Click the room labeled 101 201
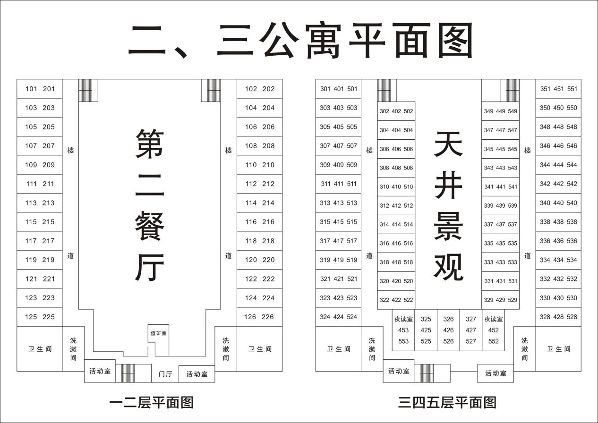40,89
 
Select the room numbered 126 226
259,317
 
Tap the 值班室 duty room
159,334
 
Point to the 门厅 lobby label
165,374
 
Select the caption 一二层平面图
151,402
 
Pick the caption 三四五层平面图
447,402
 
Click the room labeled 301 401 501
339,89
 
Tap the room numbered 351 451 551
558,89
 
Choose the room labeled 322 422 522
396,300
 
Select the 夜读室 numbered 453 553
403,330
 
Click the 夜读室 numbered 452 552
493,330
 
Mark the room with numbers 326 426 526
448,330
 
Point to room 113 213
40,203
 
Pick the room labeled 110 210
259,165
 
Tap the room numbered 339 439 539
500,205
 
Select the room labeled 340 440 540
558,203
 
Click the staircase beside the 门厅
128,373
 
